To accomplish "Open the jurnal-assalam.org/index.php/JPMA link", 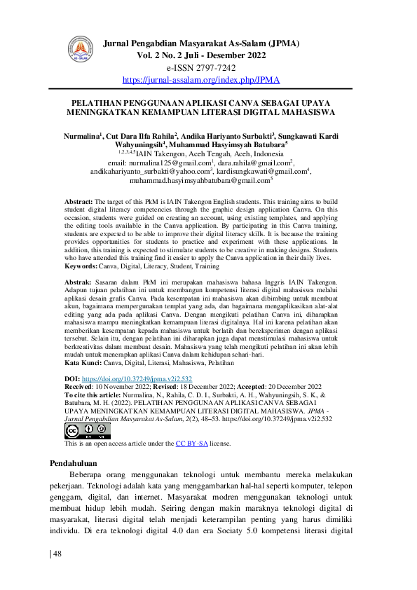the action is click(201, 80).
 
